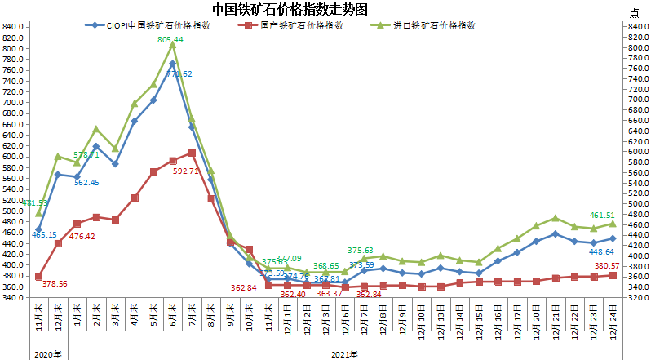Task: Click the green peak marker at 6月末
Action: (172, 46)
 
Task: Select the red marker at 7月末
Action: (192, 153)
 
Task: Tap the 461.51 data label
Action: (604, 215)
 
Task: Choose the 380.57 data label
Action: (608, 266)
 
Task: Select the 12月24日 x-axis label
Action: (613, 320)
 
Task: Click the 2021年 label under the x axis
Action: (345, 353)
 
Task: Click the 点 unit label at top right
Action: (635, 12)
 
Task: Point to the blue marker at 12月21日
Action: (555, 233)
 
